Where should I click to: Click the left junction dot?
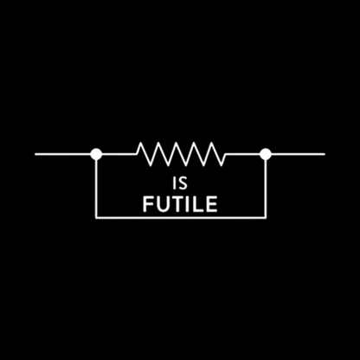pos(96,154)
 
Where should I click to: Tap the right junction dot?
pos(266,154)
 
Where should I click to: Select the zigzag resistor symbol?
pos(181,154)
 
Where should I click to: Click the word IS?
pos(180,183)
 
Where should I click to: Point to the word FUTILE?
pos(180,204)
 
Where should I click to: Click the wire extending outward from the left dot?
pos(62,154)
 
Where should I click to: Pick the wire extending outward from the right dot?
pos(299,154)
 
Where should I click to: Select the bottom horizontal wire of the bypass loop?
pos(181,217)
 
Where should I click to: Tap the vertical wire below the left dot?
pos(96,189)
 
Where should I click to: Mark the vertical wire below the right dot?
pos(266,189)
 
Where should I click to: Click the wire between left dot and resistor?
pos(119,154)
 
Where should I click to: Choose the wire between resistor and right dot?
pos(242,154)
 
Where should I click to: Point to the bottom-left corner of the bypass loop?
pos(96,217)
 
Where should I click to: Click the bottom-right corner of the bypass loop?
pos(266,217)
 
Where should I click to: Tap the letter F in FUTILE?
pos(149,204)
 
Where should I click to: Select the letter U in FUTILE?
pos(164,204)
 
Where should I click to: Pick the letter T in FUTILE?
pos(179,204)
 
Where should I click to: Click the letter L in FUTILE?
pos(200,204)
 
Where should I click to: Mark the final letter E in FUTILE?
pos(212,204)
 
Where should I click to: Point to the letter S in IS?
pos(183,183)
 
